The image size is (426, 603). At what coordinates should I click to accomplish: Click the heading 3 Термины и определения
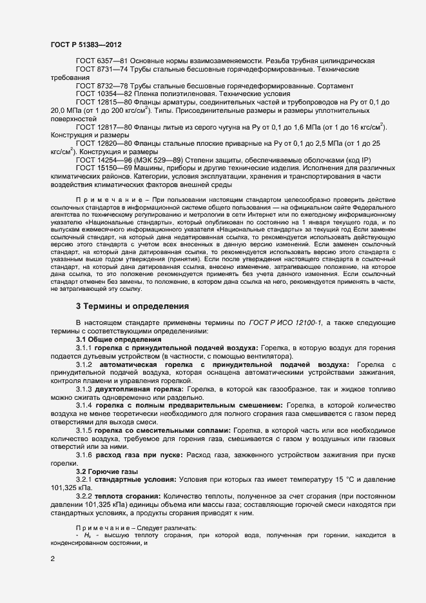click(132, 306)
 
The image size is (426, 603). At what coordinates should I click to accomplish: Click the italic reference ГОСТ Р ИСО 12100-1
click(293, 322)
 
